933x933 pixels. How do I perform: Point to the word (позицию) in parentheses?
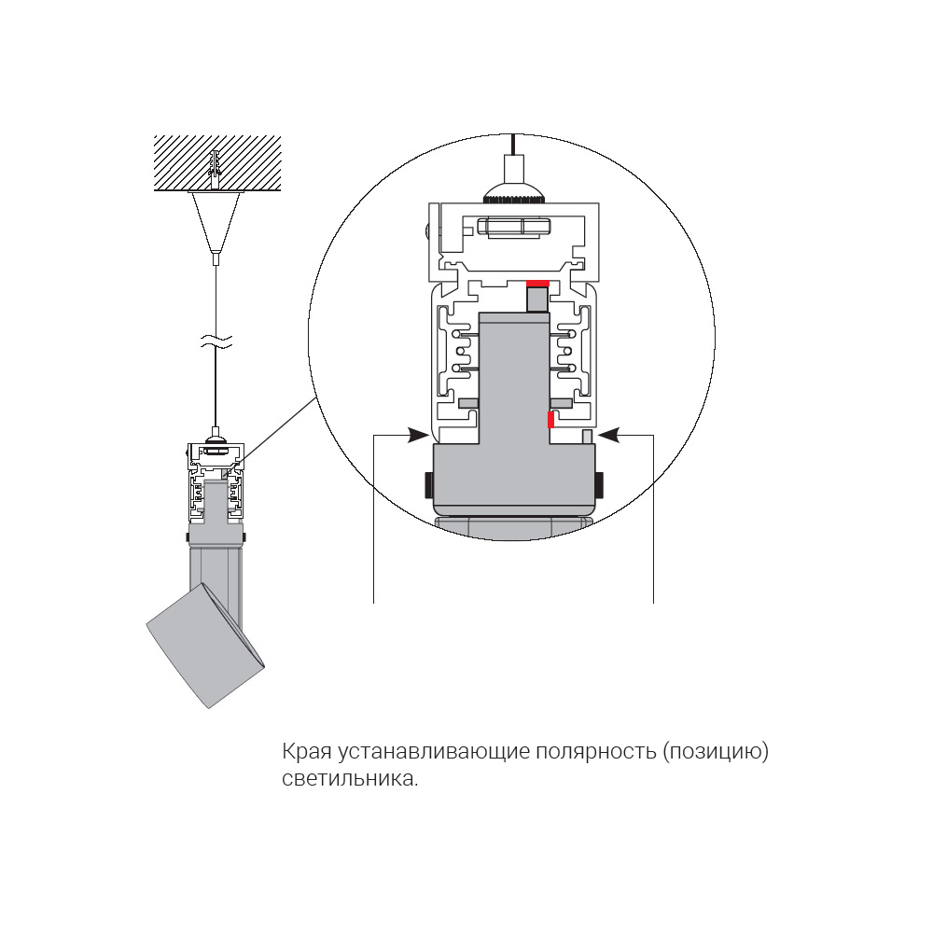tap(716, 753)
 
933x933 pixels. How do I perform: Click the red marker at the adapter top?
tap(537, 283)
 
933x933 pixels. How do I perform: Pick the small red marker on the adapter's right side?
tap(550, 420)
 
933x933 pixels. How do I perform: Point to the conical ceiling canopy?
tap(216, 220)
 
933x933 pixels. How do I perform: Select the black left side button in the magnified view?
tap(428, 484)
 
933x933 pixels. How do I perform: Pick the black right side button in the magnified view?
tap(599, 484)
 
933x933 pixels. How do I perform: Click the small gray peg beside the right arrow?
tap(588, 437)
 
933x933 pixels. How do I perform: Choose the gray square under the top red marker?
tap(536, 299)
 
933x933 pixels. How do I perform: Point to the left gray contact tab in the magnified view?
tap(468, 403)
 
